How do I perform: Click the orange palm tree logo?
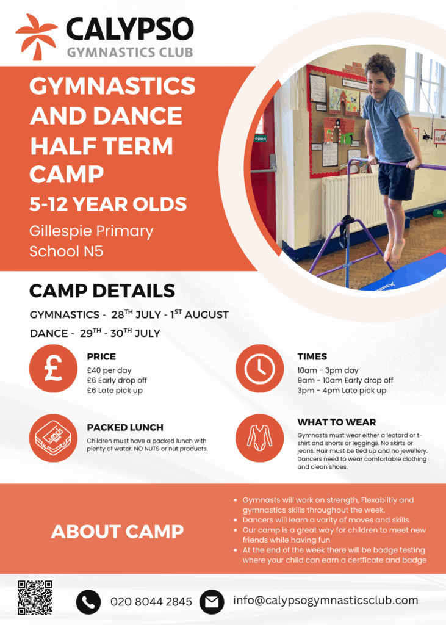point(36,37)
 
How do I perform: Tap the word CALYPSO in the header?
point(130,29)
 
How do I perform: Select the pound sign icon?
point(53,369)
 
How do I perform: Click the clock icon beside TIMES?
point(259,369)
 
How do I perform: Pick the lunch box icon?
point(53,438)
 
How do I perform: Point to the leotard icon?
point(259,438)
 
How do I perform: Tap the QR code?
point(35,598)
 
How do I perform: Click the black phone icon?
point(88,602)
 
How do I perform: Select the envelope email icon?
point(212,602)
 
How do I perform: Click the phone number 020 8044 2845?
point(151,602)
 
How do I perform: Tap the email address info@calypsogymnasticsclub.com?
point(326,601)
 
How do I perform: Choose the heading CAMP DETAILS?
point(102,291)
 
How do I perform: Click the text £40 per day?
point(109,370)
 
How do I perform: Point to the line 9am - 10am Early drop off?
point(345,381)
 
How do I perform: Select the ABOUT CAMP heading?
point(118,532)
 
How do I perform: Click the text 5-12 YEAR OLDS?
point(108,204)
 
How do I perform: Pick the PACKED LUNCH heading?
point(125,428)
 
